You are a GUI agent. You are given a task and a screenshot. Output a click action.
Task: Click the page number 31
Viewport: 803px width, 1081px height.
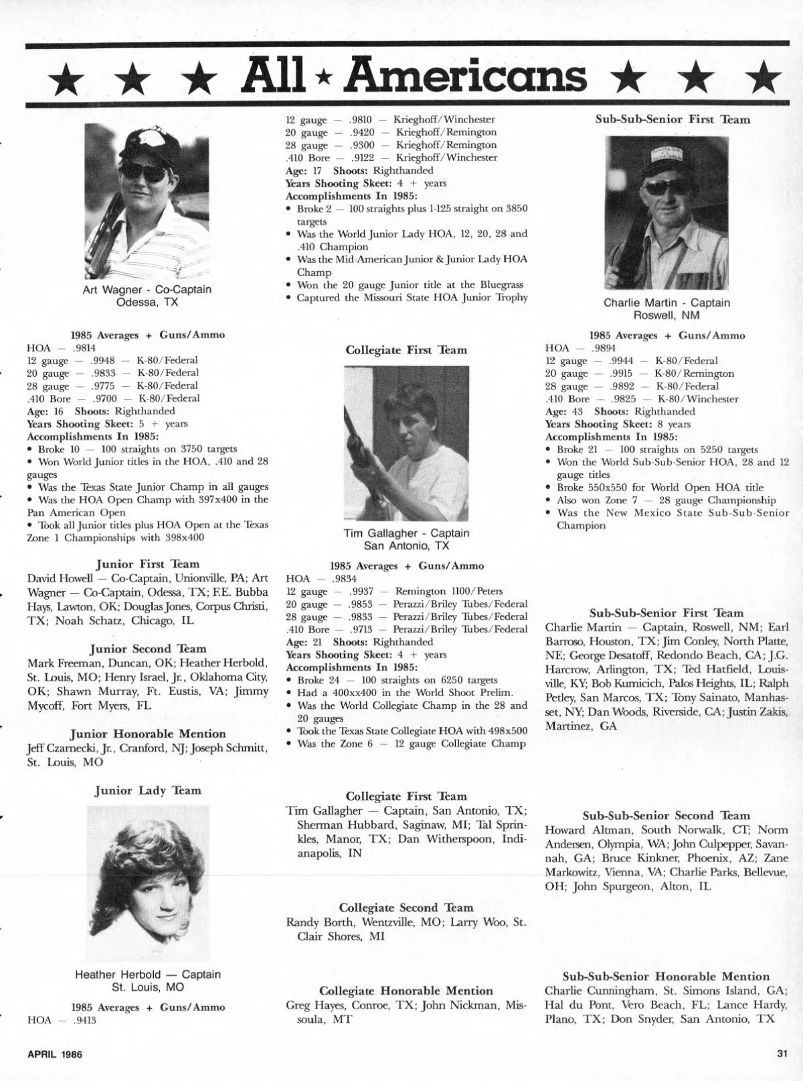[782, 1054]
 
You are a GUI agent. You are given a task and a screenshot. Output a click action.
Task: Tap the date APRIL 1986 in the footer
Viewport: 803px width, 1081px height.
[54, 1054]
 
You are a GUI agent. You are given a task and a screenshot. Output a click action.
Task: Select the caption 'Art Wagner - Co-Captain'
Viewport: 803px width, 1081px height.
[147, 290]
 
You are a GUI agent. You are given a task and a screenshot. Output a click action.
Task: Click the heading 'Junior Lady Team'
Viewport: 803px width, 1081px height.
[148, 791]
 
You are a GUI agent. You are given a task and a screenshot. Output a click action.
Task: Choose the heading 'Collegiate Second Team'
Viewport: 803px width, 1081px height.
[406, 908]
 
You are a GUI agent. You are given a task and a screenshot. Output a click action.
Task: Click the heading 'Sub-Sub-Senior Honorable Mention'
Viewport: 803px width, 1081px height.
[666, 977]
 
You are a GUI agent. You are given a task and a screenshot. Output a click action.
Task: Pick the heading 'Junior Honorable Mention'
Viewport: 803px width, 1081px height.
[148, 734]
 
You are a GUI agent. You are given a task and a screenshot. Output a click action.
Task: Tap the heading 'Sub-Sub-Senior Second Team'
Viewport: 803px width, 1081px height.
[666, 815]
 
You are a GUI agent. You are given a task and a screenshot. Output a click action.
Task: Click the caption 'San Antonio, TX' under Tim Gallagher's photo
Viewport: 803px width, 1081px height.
[406, 546]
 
